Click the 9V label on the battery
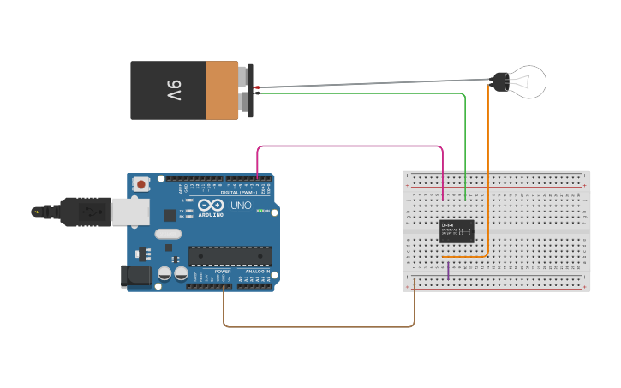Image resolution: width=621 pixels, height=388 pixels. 173,90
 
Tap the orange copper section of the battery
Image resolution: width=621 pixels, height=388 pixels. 223,90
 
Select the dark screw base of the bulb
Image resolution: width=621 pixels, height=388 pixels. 499,82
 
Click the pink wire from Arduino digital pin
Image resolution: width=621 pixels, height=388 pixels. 351,146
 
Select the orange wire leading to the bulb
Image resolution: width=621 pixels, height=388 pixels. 488,171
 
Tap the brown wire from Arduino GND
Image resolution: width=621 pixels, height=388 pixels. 317,326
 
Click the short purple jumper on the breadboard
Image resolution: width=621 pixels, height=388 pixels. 448,270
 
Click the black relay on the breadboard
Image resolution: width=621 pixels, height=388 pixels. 457,230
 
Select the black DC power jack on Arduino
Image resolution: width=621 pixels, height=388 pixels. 136,275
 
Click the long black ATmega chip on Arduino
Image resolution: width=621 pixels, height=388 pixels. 230,255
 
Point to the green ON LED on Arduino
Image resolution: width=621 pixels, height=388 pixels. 260,210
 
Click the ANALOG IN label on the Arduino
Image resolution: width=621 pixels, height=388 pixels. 256,272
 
